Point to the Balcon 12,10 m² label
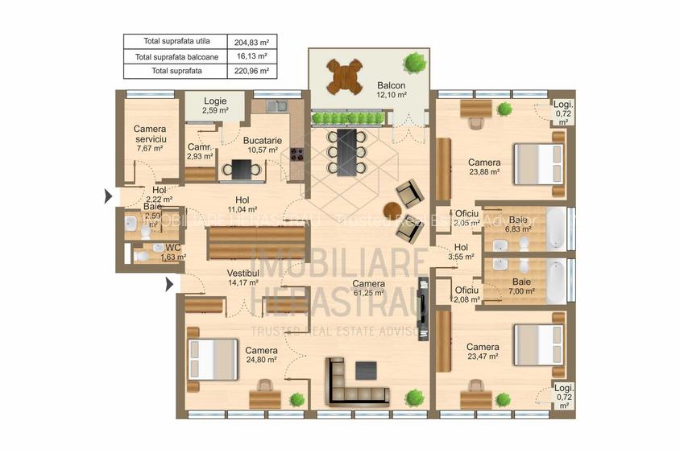coord(391,90)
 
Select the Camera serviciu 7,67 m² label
coord(149,138)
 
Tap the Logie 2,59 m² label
coord(215,105)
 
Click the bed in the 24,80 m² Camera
coord(213,359)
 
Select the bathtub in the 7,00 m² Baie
coord(556,281)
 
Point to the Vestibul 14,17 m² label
coord(242,278)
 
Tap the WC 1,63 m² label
coord(172,253)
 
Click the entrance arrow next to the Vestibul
coord(169,284)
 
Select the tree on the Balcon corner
coord(414,61)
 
